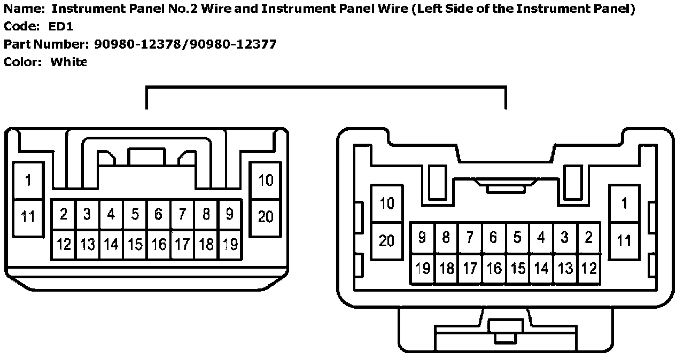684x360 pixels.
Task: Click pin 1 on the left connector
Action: (x=28, y=181)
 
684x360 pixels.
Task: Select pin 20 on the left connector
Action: (x=266, y=216)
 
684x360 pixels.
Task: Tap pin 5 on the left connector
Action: (x=135, y=215)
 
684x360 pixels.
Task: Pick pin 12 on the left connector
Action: (x=64, y=245)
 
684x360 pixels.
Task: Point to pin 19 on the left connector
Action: (x=230, y=245)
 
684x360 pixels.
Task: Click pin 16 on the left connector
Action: (x=159, y=245)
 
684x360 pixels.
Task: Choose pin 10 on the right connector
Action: (x=386, y=204)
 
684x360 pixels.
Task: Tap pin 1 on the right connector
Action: (x=624, y=204)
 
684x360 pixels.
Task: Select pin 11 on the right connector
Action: (x=624, y=240)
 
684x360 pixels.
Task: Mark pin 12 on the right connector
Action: (x=588, y=268)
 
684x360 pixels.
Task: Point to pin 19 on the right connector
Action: (x=422, y=268)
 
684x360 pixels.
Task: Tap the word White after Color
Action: (x=68, y=62)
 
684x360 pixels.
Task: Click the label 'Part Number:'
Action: (x=46, y=44)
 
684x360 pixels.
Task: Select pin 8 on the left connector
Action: (x=206, y=215)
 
